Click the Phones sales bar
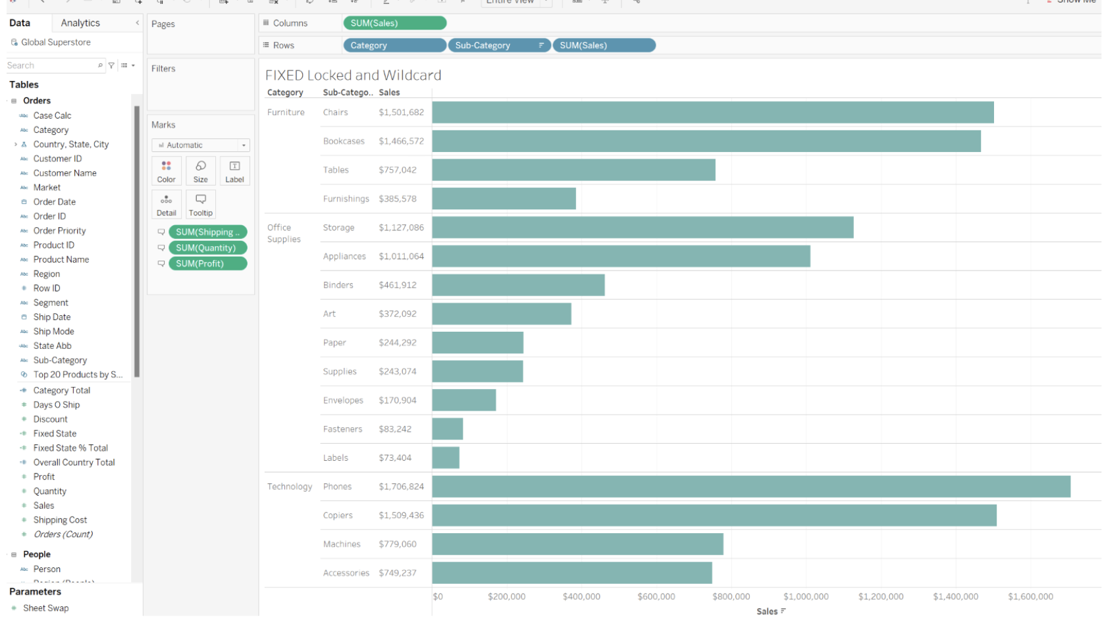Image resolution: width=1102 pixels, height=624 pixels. coord(750,486)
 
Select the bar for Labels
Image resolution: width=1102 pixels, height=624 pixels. coord(446,457)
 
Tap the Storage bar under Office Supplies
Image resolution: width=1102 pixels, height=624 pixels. coord(643,227)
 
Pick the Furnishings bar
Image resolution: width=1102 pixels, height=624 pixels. coord(504,199)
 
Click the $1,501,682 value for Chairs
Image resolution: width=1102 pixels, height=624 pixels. coord(401,113)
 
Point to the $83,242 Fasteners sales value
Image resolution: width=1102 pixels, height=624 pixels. coord(395,429)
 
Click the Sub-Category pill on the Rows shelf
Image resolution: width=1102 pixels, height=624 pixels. coord(498,45)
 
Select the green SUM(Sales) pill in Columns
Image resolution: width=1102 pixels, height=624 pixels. coord(394,23)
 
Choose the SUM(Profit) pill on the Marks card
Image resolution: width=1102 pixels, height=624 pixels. coord(207,263)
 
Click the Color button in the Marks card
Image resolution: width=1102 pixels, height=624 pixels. coord(167,170)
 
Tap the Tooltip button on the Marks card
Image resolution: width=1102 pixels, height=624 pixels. coord(201,204)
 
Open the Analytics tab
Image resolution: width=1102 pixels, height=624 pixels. coord(80,23)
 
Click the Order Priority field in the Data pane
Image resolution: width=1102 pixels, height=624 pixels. coord(59,230)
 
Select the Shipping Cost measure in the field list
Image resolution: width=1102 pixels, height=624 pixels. coord(60,520)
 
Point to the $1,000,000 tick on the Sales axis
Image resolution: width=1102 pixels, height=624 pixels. coord(806,596)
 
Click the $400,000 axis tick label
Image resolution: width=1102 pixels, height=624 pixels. coord(581,596)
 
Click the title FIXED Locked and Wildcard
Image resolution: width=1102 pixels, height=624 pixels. coord(353,75)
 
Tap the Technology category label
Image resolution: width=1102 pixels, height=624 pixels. coord(290,486)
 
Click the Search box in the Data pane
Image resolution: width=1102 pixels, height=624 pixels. coord(51,65)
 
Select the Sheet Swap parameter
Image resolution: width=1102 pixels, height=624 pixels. coord(45,608)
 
